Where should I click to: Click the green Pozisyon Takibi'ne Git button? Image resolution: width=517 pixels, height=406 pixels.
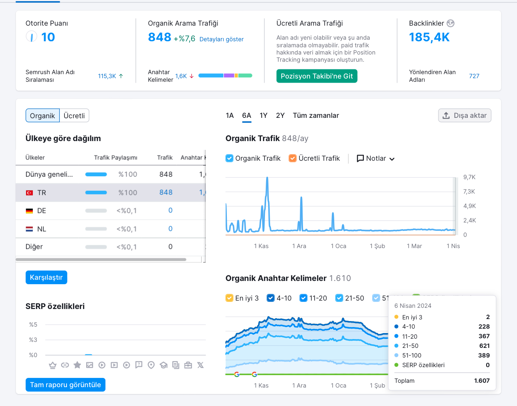[x=317, y=76]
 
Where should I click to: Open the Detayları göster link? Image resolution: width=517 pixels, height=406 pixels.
[x=221, y=39]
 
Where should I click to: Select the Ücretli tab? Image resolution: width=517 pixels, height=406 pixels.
[x=74, y=115]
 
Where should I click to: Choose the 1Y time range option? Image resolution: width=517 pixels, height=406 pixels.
[x=263, y=115]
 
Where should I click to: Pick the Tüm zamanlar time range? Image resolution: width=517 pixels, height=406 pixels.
[x=316, y=115]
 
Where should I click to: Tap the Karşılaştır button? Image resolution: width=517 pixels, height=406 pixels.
[x=46, y=277]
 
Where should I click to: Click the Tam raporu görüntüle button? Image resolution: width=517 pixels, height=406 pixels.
[x=65, y=385]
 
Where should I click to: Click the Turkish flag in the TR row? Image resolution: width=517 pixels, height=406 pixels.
[x=30, y=193]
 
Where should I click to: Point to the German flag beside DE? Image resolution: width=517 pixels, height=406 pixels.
[x=30, y=211]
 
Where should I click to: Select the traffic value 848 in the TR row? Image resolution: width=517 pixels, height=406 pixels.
[x=166, y=192]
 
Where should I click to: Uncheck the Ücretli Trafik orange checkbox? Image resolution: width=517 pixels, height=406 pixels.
[x=293, y=158]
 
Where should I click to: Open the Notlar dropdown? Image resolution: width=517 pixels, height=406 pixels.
[x=376, y=158]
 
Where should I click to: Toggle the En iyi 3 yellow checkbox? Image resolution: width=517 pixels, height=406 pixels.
[x=229, y=298]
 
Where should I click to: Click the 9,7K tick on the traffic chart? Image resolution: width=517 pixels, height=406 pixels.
[x=469, y=177]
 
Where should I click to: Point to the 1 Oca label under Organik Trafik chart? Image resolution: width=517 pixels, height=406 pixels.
[x=338, y=246]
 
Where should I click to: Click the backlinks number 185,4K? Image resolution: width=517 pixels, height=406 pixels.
[x=429, y=37]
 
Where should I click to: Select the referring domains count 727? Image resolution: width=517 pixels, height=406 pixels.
[x=474, y=76]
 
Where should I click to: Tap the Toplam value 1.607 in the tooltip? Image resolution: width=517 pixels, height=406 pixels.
[x=482, y=381]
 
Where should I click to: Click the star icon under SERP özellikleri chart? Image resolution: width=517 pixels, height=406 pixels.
[x=77, y=365]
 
